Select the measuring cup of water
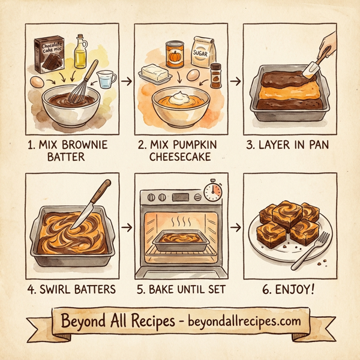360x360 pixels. pos(106,79)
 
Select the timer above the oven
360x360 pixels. pos(212,191)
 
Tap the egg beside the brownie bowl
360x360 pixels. pos(37,82)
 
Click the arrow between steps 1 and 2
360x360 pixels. pos(126,78)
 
